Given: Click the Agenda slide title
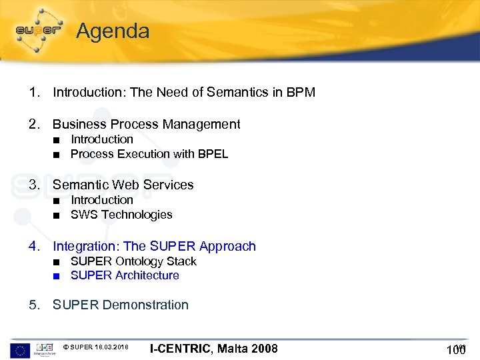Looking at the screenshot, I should [113, 31].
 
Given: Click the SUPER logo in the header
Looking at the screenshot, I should [39, 29].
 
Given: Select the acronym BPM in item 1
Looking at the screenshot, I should [300, 93].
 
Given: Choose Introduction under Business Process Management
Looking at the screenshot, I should [102, 139].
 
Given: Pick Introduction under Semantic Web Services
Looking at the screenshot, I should [102, 200].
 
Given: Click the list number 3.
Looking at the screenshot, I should [34, 185].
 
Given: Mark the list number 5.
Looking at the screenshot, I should [34, 305].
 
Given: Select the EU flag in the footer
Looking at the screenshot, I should [19, 349].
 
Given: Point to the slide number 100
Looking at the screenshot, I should [456, 350].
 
